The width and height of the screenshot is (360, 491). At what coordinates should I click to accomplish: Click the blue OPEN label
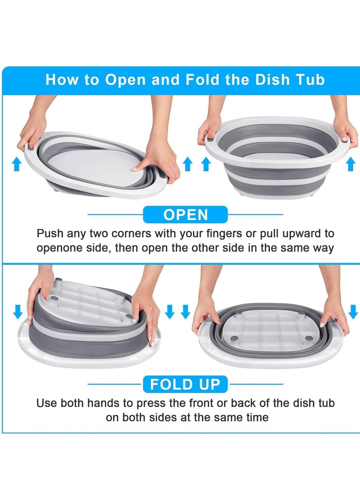[185, 215]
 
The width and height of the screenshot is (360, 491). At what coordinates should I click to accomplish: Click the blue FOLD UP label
[185, 384]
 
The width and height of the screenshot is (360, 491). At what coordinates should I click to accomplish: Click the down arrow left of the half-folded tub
[18, 311]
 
